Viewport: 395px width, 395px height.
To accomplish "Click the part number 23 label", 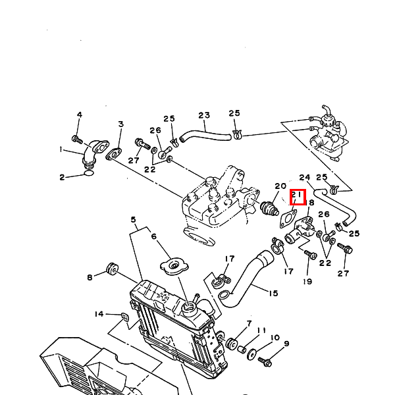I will click(203, 115).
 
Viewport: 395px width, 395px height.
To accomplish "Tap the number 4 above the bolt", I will click(79, 115).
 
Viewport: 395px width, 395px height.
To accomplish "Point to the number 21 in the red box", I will click(298, 196).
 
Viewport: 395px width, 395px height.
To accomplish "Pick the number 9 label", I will click(286, 344).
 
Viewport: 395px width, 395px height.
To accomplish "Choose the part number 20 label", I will click(280, 186).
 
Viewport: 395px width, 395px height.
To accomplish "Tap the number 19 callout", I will click(307, 281).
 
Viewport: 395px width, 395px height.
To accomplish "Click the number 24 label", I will click(305, 178).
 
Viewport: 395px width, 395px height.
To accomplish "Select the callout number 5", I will click(133, 219).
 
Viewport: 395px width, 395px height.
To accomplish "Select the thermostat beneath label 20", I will click(269, 209).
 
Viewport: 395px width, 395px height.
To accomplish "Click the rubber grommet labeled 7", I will click(232, 344).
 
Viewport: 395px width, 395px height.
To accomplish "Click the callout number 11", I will click(261, 330).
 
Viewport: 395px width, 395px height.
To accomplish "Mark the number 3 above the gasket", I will click(120, 124).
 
